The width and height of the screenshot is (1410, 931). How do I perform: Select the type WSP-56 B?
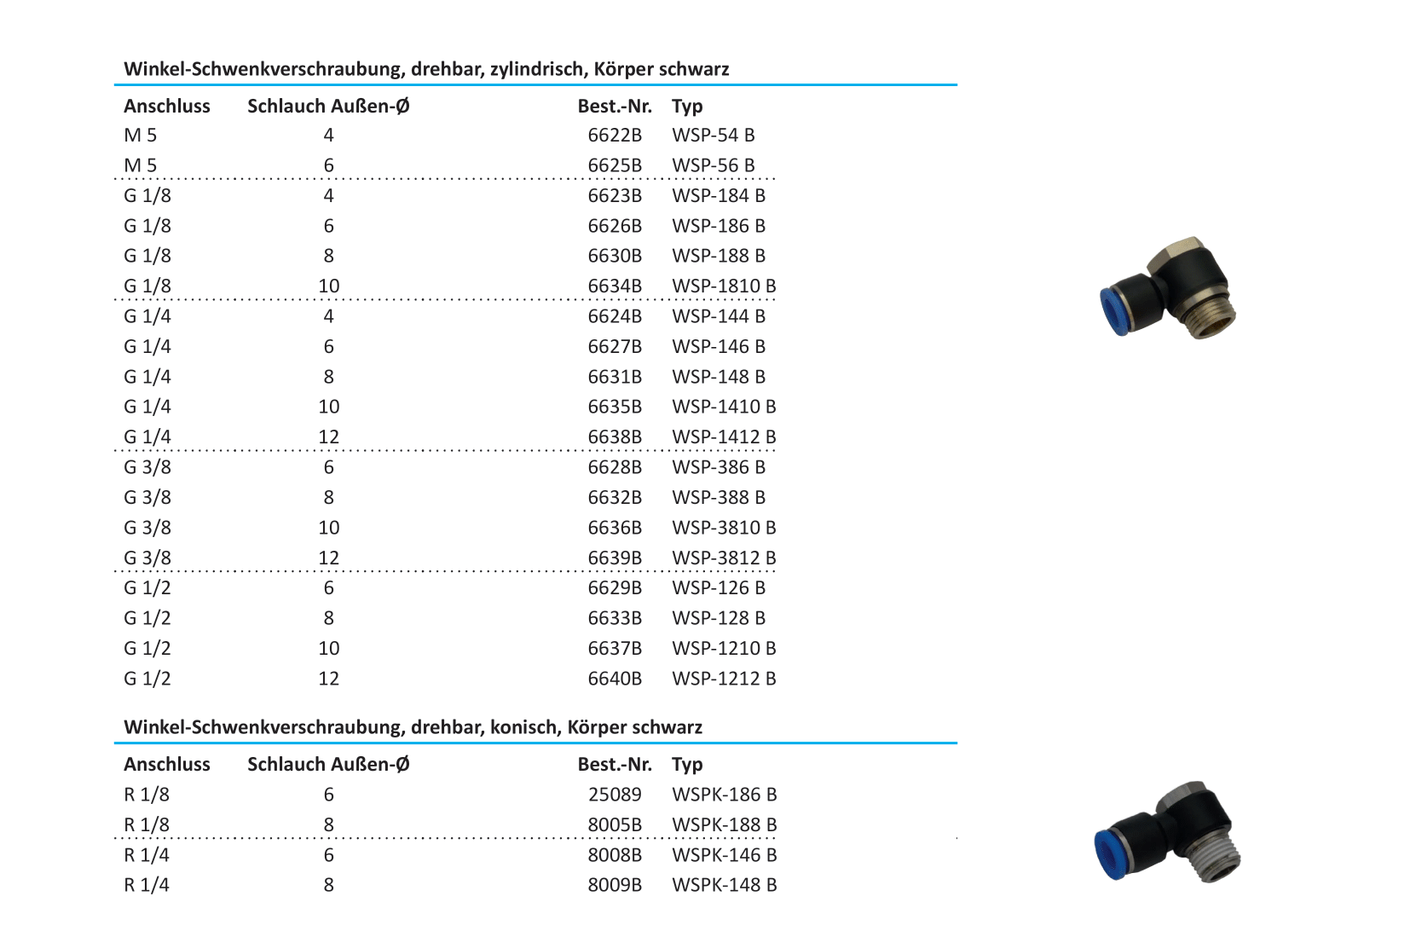pos(714,165)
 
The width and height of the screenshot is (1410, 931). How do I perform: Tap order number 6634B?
pos(615,286)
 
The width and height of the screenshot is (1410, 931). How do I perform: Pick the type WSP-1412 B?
pos(724,437)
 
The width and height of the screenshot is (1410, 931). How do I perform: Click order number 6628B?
pos(615,467)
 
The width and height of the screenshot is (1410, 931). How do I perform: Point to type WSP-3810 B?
pos(724,528)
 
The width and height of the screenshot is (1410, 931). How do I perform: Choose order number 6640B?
pos(615,679)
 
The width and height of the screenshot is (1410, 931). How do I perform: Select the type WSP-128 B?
pos(719,618)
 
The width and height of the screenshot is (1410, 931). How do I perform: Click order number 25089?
pos(615,795)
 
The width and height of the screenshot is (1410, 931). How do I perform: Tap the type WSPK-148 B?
pos(725,885)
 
